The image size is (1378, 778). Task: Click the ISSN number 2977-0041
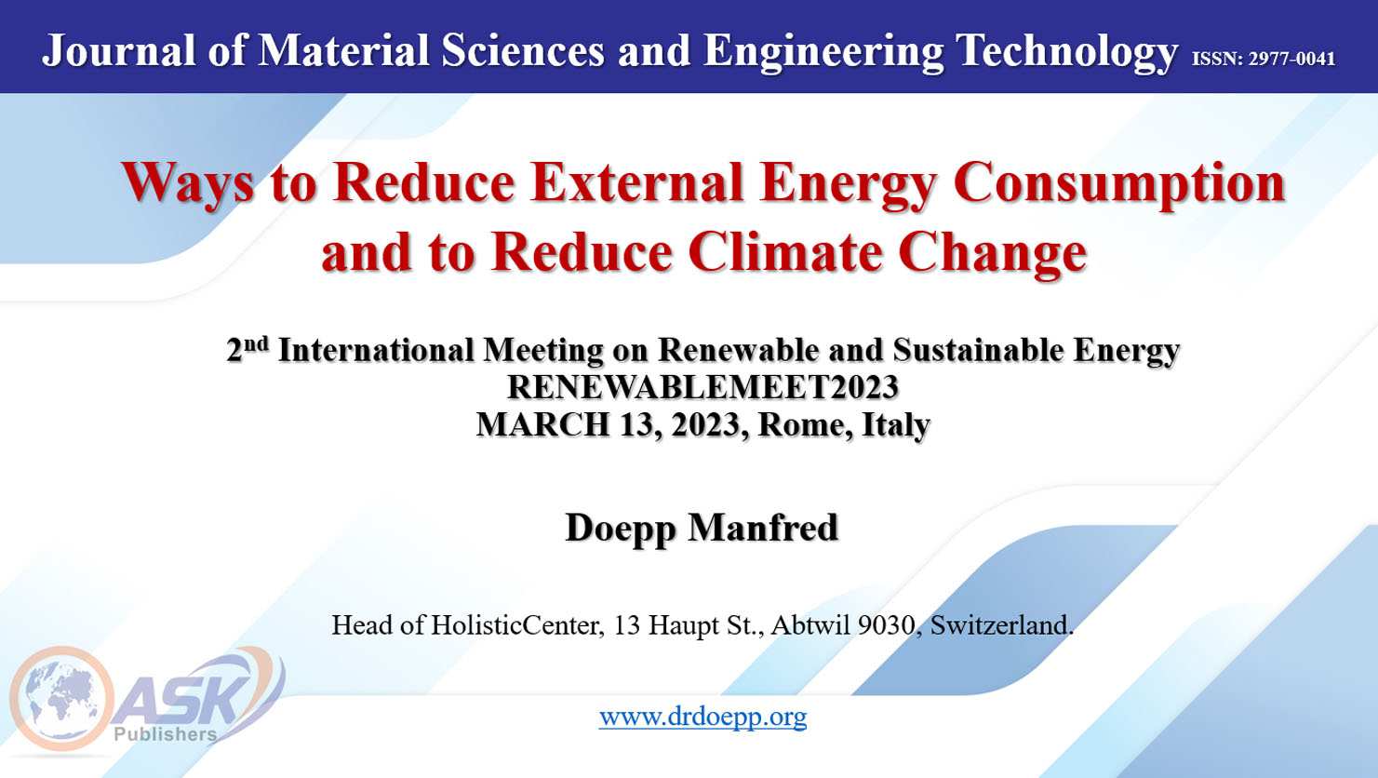[1291, 59]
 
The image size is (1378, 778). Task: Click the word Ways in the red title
[188, 183]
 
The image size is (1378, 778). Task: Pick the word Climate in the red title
[785, 252]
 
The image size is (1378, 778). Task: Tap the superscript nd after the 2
[257, 343]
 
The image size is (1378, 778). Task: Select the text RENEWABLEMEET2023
[702, 387]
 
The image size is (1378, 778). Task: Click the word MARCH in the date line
[542, 424]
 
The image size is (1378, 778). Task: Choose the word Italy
[896, 425]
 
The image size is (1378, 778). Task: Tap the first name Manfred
[763, 528]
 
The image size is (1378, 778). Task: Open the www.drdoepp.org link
[703, 718]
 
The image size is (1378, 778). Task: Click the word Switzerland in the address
[1001, 625]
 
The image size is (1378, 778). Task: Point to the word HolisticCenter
[515, 625]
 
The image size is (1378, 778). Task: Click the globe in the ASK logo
[60, 699]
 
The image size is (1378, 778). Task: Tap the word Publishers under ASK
[166, 734]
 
